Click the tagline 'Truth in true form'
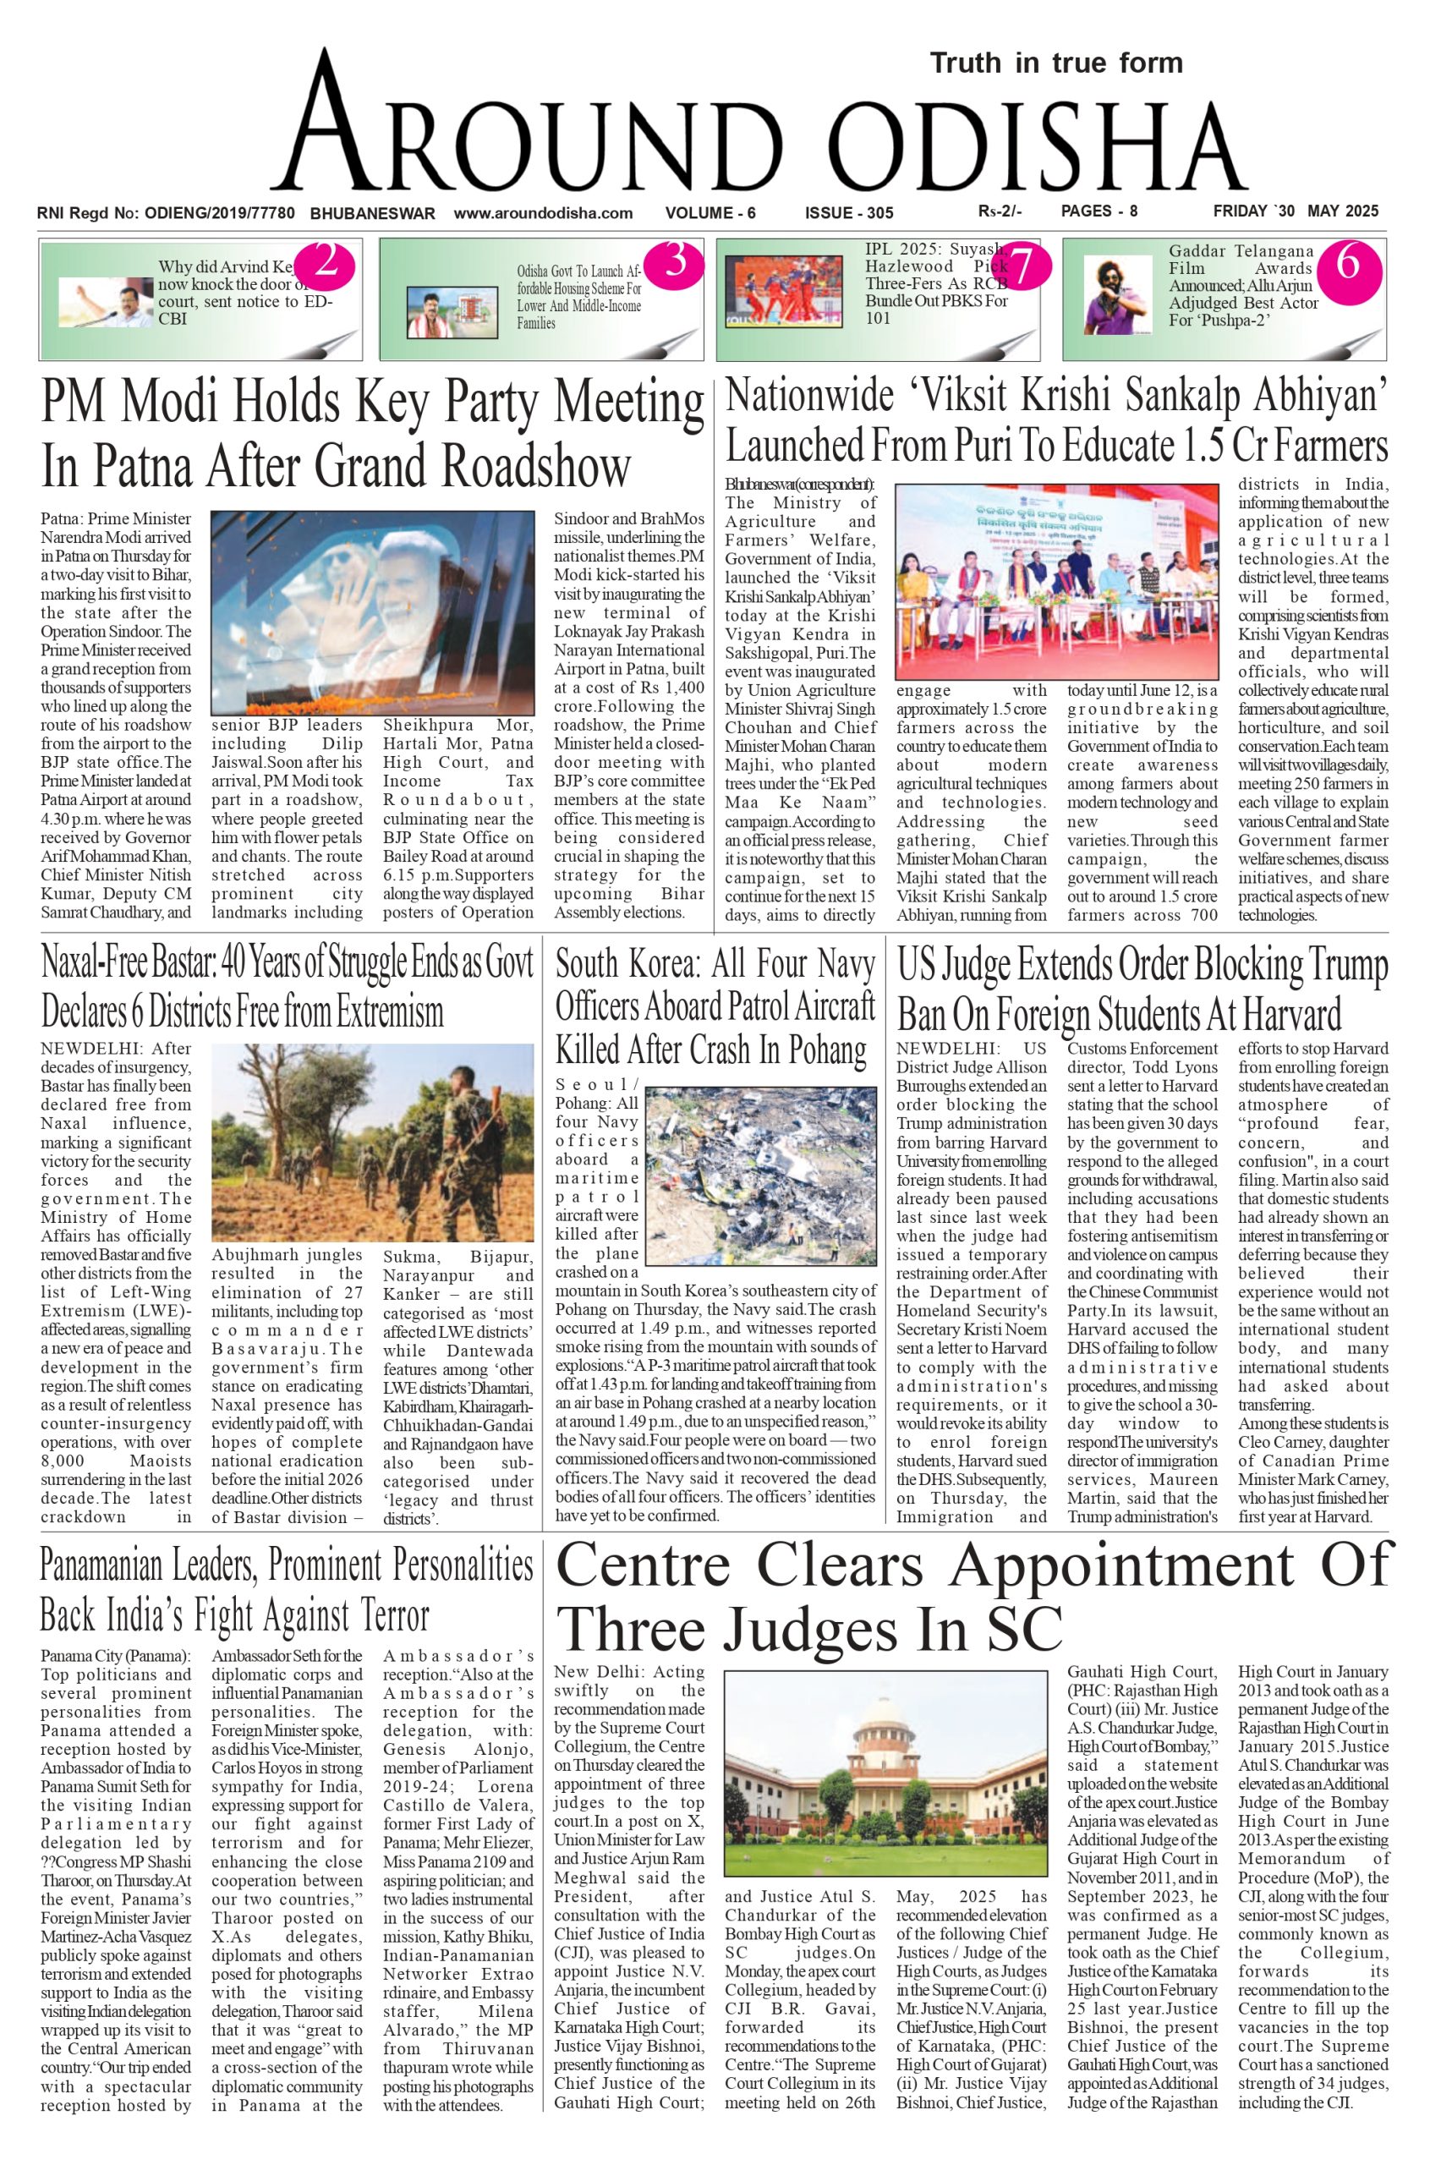coord(1056,63)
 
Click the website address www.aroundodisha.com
coord(543,213)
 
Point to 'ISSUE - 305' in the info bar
coord(848,213)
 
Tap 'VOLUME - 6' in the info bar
coord(710,213)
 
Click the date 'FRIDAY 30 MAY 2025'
coord(1295,211)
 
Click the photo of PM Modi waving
coord(372,612)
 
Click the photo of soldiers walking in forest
coord(372,1143)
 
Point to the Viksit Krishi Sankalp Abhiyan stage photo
coord(1056,583)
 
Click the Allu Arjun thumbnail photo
coord(1118,294)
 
